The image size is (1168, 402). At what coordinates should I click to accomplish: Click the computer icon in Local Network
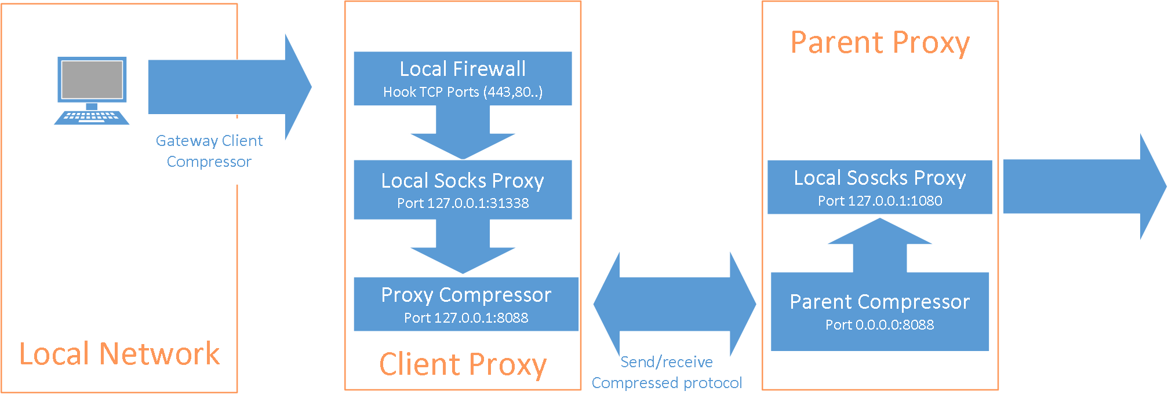pos(92,90)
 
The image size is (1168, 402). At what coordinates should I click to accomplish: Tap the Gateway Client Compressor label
pos(209,151)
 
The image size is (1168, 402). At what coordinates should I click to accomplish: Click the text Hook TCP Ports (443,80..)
pos(463,92)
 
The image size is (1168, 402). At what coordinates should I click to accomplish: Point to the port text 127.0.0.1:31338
pos(463,203)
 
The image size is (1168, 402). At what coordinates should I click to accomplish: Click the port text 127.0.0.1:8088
pos(466,318)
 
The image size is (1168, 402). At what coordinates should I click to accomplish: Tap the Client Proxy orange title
pos(463,364)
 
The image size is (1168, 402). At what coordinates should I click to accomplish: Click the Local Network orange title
pos(119,354)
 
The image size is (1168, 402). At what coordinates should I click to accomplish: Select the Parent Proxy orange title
pos(880,43)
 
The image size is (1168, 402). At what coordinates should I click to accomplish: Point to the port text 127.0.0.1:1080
pos(880,201)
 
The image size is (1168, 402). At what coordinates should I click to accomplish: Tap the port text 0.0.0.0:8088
pos(880,325)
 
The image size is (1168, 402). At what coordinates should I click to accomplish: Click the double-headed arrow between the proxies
pos(675,304)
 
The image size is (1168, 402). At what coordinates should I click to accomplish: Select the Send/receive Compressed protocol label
pos(667,372)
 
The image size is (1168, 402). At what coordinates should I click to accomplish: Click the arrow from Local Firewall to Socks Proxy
pos(463,133)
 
